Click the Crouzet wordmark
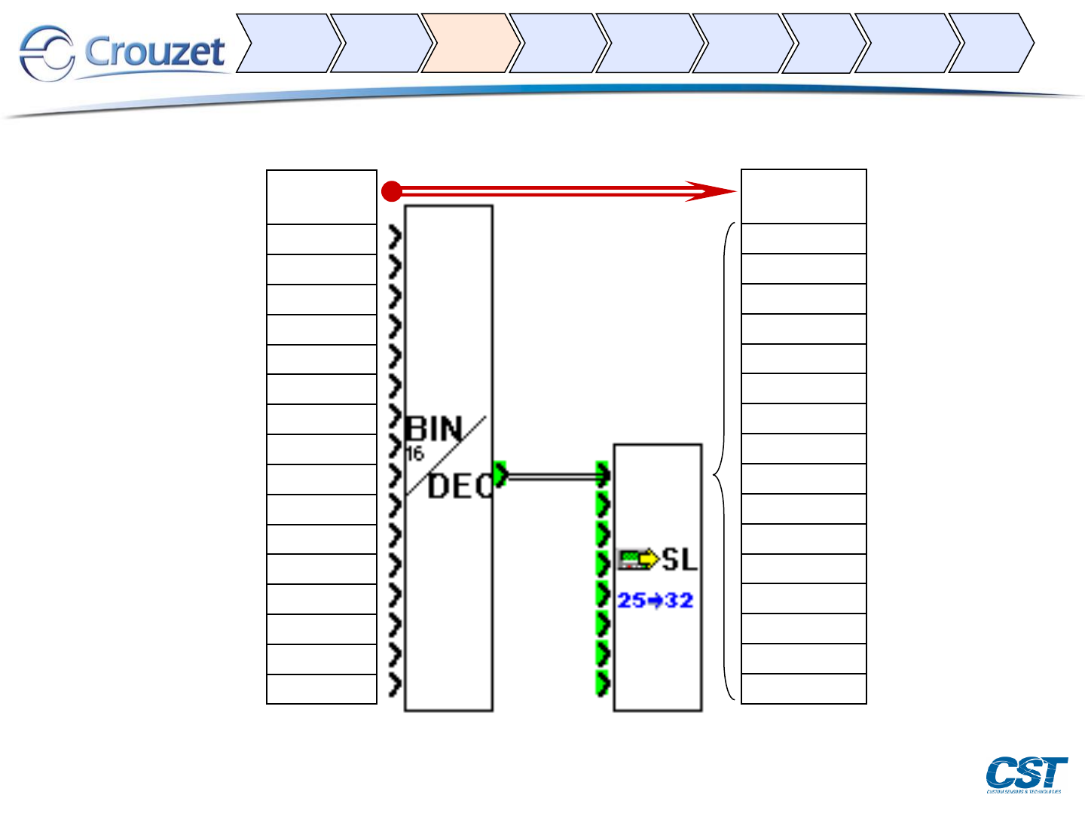pos(154,52)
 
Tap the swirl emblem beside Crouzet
pos(46,53)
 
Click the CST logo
pos(1026,774)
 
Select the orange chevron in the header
pos(469,43)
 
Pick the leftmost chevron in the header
pos(286,43)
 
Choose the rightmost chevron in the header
pos(989,43)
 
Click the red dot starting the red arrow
pos(392,192)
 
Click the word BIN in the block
pos(433,429)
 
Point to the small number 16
pos(414,454)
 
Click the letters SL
pos(680,559)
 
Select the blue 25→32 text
pos(655,601)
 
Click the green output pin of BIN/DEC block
pos(500,475)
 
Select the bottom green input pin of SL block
pos(602,684)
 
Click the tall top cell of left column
pos(322,197)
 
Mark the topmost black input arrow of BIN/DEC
pos(395,238)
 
